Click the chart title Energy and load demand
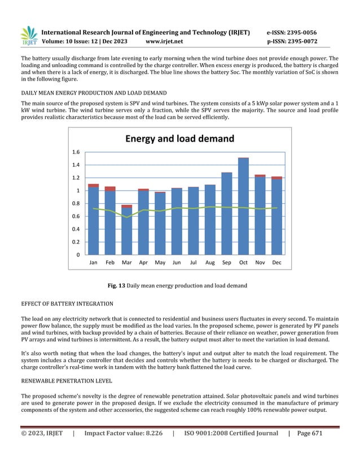pyautogui.click(x=179, y=139)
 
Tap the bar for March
pyautogui.click(x=127, y=231)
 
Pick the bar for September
pyautogui.click(x=227, y=214)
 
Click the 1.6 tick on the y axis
pyautogui.click(x=76, y=152)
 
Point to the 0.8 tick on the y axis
pyautogui.click(x=76, y=204)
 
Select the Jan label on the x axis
pyautogui.click(x=94, y=263)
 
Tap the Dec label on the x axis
pyautogui.click(x=276, y=263)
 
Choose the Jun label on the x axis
pyautogui.click(x=177, y=263)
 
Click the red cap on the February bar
pyautogui.click(x=110, y=188)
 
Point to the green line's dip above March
pyautogui.click(x=127, y=217)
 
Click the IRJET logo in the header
pyautogui.click(x=28, y=36)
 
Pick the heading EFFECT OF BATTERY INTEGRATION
pyautogui.click(x=67, y=304)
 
